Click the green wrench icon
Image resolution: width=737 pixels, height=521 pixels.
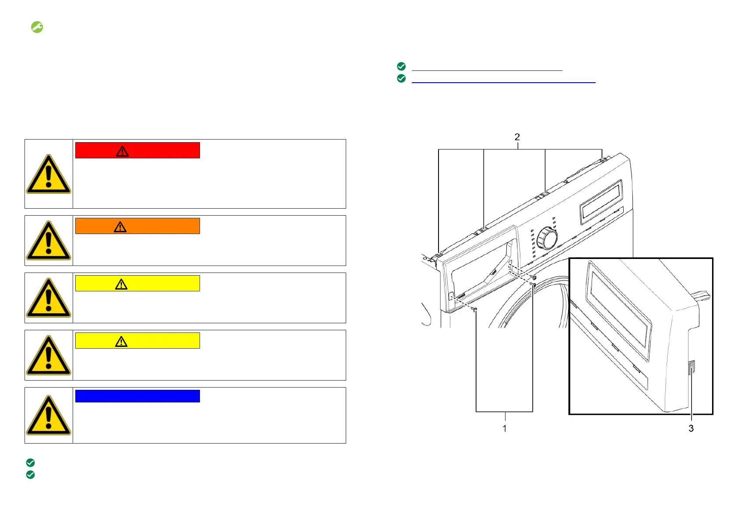click(37, 27)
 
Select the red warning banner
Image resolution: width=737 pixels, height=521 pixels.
click(137, 150)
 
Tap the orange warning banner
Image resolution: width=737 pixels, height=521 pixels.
click(137, 226)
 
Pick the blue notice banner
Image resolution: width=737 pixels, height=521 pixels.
click(137, 396)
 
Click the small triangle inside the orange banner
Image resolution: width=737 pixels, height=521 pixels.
click(120, 227)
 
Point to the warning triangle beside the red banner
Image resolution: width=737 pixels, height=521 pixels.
click(49, 174)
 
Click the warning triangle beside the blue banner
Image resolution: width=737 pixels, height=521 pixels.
click(49, 415)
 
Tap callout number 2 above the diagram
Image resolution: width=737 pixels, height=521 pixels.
click(517, 137)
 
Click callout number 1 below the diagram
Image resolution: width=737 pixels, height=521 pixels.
click(505, 428)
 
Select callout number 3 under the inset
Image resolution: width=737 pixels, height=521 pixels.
click(691, 428)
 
